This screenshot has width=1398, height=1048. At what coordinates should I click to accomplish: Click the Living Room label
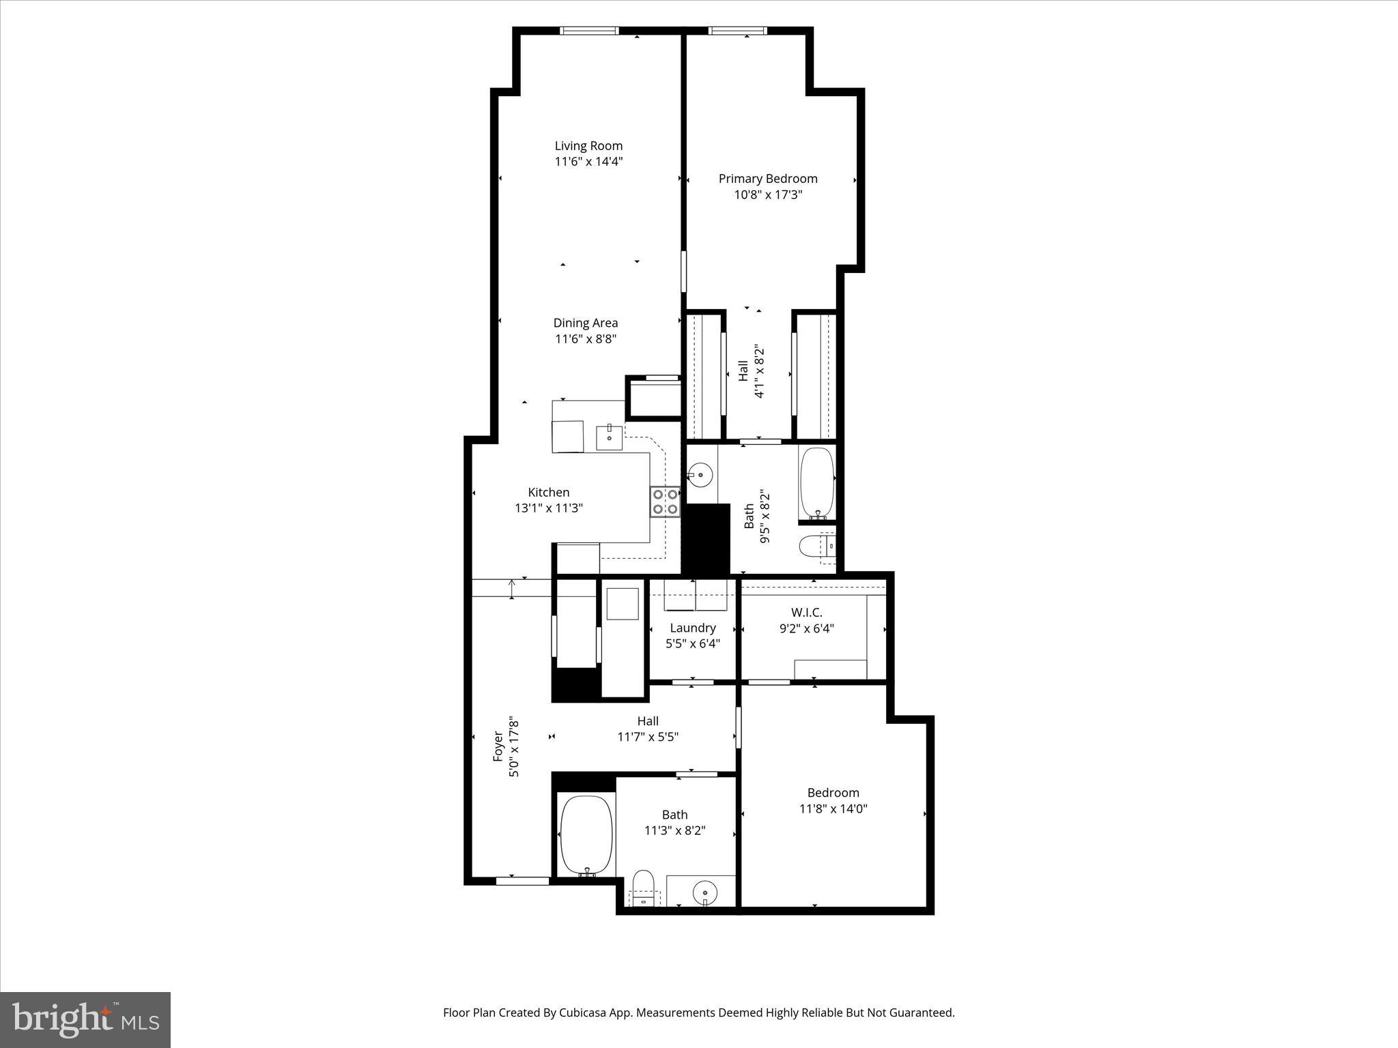pos(588,146)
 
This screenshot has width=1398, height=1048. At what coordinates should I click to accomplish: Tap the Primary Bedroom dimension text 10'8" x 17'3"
pos(768,195)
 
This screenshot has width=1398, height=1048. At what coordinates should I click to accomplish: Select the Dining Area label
pos(586,323)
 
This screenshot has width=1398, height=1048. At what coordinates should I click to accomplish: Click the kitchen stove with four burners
pos(665,501)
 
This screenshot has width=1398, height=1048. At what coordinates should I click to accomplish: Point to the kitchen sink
pos(609,437)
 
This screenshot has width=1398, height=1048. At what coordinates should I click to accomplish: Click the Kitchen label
pos(549,493)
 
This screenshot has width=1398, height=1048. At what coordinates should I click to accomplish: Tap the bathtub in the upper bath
pos(816,483)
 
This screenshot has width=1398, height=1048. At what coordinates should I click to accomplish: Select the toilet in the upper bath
pos(815,547)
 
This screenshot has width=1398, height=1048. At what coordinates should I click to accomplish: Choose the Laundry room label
pos(693,628)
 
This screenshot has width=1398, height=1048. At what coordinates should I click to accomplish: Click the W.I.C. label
pos(807,613)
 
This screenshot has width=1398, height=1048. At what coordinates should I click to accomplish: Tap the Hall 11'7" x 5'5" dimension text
pos(648,737)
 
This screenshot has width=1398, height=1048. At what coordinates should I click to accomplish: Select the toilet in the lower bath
pos(643,888)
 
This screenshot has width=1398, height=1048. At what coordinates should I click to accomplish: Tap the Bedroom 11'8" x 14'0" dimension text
pos(833,809)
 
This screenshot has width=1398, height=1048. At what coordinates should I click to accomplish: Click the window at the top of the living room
pos(589,31)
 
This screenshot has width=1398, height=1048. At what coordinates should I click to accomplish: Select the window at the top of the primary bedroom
pos(737,31)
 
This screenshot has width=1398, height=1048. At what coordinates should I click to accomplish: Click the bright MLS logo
pos(85,1020)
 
